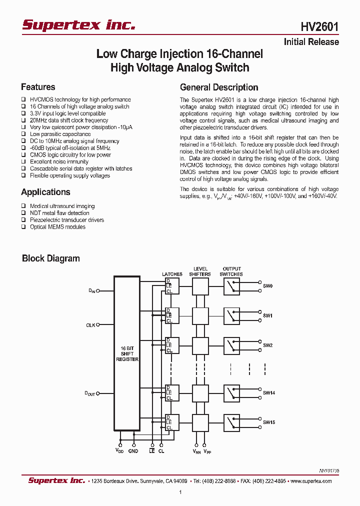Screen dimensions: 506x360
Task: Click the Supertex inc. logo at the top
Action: tap(78, 25)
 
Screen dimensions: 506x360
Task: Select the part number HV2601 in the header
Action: tap(319, 26)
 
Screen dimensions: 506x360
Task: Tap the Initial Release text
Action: tap(311, 42)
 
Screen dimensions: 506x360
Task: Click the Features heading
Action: tap(38, 87)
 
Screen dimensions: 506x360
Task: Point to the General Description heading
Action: tap(219, 87)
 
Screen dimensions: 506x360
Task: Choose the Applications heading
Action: tap(45, 192)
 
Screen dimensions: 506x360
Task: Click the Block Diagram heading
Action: tap(51, 258)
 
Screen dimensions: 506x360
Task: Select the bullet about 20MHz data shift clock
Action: tap(69, 120)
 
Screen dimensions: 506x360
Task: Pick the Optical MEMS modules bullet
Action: tap(57, 227)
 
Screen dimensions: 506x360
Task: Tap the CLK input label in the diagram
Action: tap(90, 325)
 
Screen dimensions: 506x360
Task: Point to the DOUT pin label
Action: tap(89, 394)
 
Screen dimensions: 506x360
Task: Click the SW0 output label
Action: tap(268, 286)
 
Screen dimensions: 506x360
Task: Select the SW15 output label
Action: tap(269, 422)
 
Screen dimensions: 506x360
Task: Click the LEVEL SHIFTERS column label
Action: tap(200, 271)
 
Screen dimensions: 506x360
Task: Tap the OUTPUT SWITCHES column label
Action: tap(231, 271)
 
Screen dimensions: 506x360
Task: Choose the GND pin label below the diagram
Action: tap(133, 451)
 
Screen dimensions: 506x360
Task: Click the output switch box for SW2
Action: tap(231, 345)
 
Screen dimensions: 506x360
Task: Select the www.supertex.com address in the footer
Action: tap(310, 481)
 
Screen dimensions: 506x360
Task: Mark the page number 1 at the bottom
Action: tap(180, 492)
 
